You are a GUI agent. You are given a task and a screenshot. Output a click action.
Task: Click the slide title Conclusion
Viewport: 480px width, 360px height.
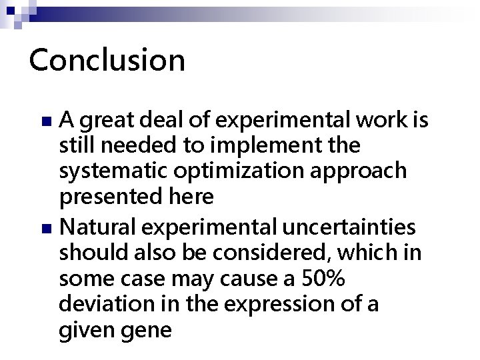(x=107, y=60)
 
